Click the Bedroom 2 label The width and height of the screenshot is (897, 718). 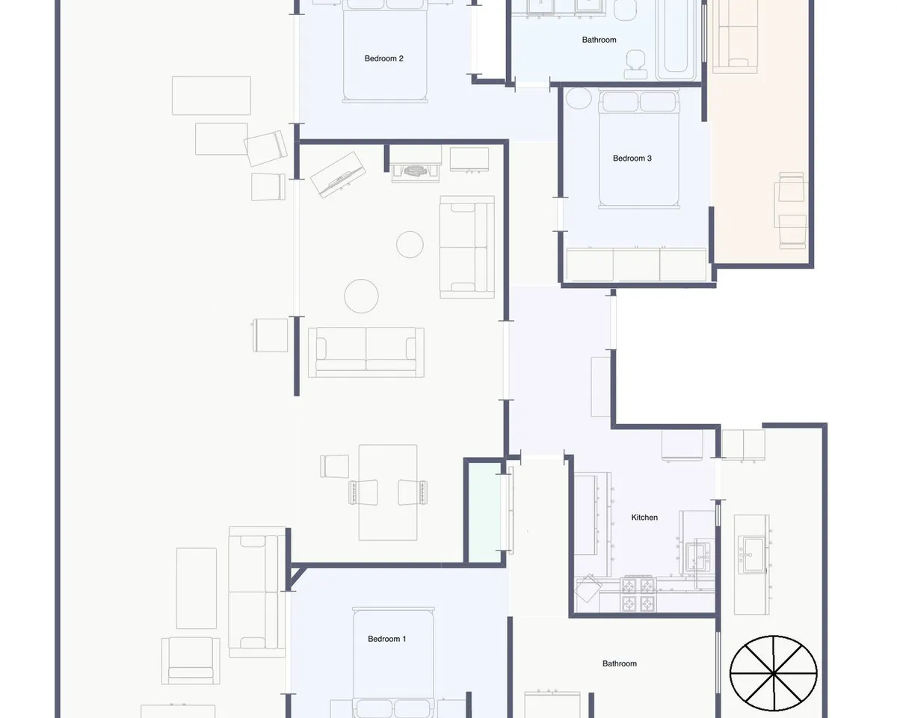point(383,58)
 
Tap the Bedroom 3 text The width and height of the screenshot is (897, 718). point(632,158)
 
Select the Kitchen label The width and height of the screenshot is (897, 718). point(644,518)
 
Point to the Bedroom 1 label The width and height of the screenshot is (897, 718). point(386,639)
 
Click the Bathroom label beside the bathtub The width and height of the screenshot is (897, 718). point(599,40)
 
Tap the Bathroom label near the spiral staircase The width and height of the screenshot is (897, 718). point(620,663)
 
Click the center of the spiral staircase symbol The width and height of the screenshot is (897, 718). point(773,673)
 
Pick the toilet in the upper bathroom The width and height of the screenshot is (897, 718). point(635,64)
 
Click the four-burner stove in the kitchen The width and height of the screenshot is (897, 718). point(638,594)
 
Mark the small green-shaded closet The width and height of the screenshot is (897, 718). point(484,512)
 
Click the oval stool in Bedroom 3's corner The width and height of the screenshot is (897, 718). point(579,98)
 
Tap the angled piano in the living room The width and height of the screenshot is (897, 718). point(338,174)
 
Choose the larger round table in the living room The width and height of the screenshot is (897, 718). point(361,296)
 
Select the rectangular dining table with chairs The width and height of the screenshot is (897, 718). point(388,492)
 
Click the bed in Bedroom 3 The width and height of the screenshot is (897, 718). point(639,149)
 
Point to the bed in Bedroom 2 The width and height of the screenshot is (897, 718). point(385,51)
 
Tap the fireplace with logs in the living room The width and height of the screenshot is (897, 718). point(415,164)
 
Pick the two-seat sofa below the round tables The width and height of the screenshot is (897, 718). point(366,352)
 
